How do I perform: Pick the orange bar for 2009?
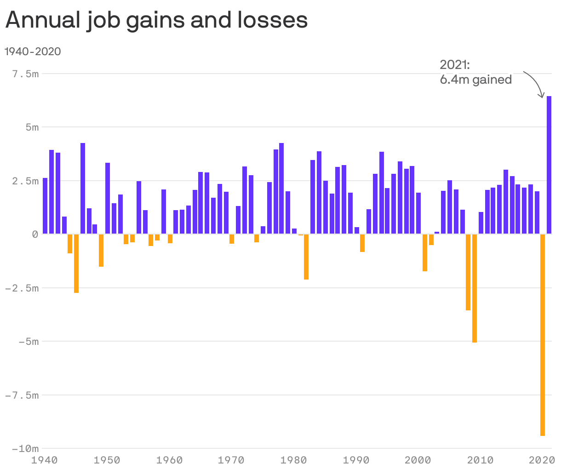click(475, 288)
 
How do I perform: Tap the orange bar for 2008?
click(468, 272)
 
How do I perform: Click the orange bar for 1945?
click(76, 263)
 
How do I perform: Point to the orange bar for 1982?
click(306, 257)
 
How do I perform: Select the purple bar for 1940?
click(45, 206)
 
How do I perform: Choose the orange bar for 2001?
click(425, 252)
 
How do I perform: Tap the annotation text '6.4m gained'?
click(475, 80)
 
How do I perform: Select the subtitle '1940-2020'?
click(33, 51)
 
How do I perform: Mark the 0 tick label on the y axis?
click(35, 234)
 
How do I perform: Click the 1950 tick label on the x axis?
click(107, 460)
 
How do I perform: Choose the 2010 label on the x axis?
click(481, 460)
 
